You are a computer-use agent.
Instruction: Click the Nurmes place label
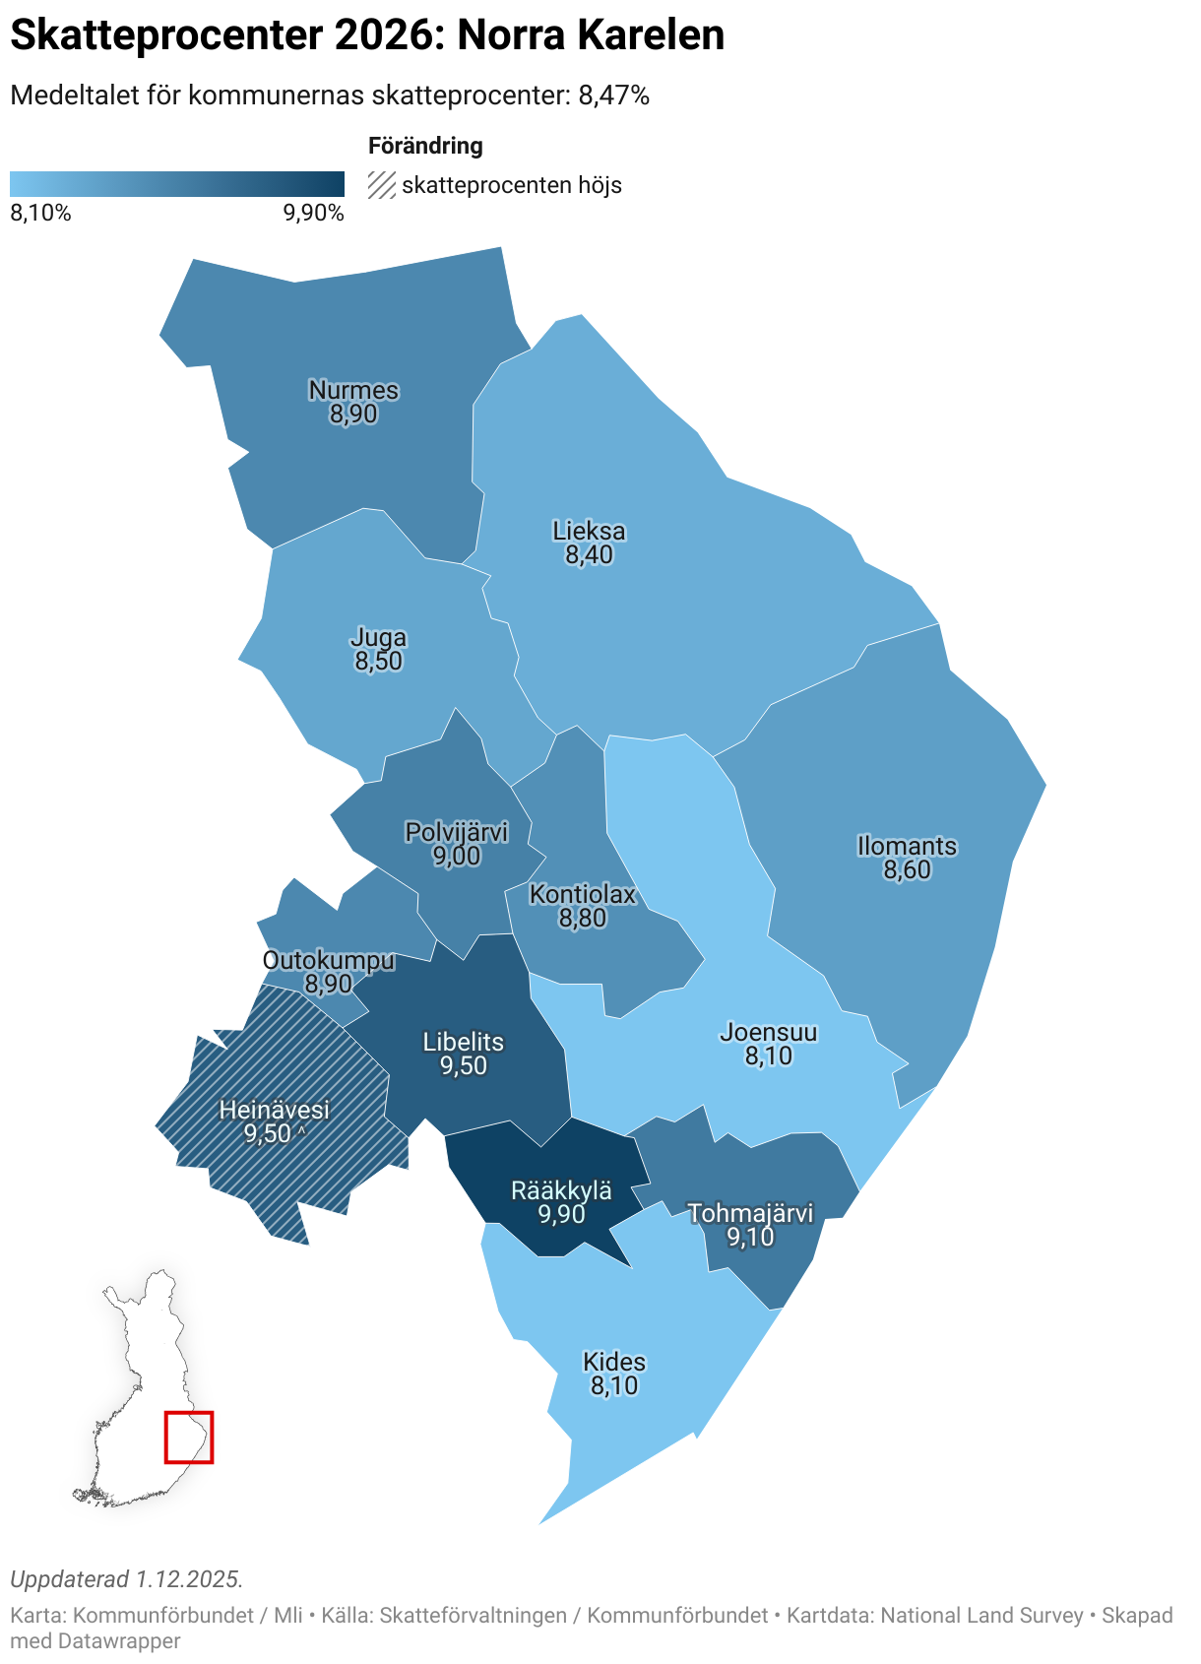(353, 390)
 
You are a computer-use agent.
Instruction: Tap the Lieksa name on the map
(589, 531)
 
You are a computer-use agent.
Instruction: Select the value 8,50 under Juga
(379, 662)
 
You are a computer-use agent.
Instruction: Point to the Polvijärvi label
(457, 832)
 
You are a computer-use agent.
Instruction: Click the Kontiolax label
(583, 894)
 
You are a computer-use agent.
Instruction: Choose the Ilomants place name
(907, 846)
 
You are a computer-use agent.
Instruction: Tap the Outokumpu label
(329, 960)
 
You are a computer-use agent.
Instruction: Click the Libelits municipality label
(464, 1042)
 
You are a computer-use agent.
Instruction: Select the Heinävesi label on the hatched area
(274, 1110)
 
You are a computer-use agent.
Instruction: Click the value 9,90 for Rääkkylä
(561, 1215)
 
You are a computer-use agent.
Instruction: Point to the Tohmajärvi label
(750, 1213)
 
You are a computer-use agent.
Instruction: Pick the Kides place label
(614, 1362)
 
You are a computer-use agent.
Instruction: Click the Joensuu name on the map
(769, 1032)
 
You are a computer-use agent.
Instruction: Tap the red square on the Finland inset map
(188, 1438)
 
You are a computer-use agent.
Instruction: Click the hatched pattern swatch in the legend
(382, 185)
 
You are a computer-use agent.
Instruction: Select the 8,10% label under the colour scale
(40, 214)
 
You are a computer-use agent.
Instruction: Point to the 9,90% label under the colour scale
(313, 214)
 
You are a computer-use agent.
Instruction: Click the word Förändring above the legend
(425, 146)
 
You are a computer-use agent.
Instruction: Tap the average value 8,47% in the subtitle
(613, 96)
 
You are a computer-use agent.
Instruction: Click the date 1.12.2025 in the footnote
(188, 1579)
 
